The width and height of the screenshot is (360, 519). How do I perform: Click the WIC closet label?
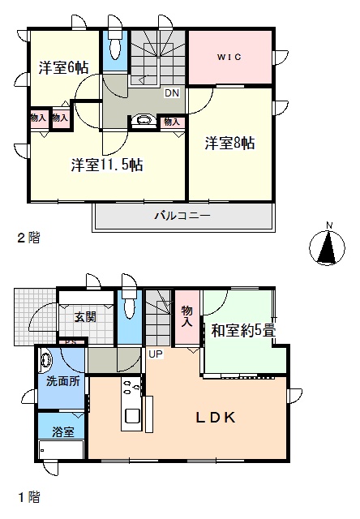tap(229, 57)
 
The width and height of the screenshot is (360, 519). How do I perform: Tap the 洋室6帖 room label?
tap(63, 68)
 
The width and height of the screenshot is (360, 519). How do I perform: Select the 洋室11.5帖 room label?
tap(107, 165)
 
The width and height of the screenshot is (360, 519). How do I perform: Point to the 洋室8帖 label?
tap(229, 143)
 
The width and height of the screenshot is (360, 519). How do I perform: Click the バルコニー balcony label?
tap(183, 217)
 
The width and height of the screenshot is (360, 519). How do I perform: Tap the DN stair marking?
tap(172, 93)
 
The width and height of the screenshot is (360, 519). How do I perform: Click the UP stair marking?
tap(156, 354)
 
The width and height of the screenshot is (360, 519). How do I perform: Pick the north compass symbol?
tap(327, 244)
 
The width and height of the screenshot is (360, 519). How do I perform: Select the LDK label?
tap(216, 418)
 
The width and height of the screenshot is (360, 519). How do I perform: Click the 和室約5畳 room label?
tap(244, 330)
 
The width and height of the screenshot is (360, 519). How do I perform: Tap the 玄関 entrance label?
tap(85, 317)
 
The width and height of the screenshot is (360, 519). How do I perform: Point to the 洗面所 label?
tap(63, 381)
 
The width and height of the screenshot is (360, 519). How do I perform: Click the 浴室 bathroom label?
tap(63, 431)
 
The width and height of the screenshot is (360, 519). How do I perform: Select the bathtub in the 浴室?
tap(61, 450)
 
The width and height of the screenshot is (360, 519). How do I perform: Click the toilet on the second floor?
tap(114, 46)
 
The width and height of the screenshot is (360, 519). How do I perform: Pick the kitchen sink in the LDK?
tap(131, 416)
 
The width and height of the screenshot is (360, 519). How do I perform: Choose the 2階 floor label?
tap(29, 238)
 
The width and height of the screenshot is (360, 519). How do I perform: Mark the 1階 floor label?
tap(29, 496)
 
